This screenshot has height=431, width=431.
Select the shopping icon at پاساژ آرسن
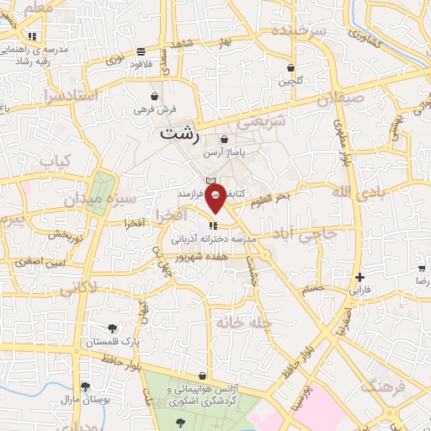tap(224, 140)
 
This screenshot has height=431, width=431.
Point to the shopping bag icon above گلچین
tap(290, 68)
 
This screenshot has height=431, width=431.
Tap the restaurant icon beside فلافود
tap(152, 51)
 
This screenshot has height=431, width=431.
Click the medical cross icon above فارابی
tap(359, 277)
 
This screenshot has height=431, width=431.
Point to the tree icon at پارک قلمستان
tap(112, 328)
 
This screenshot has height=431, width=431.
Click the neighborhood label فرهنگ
tap(386, 386)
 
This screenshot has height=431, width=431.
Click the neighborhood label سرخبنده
tap(297, 31)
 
